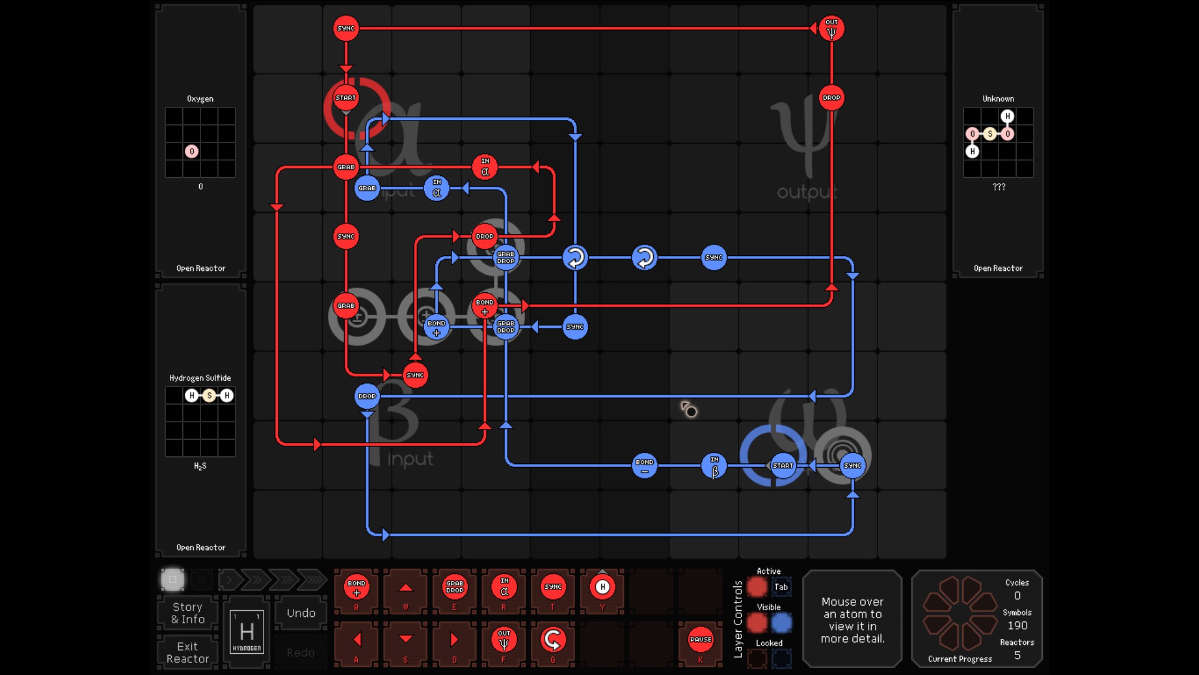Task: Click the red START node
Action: pyautogui.click(x=345, y=98)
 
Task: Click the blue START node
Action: pyautogui.click(x=782, y=466)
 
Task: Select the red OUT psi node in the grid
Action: pyautogui.click(x=831, y=29)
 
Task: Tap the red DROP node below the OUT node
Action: pyautogui.click(x=831, y=98)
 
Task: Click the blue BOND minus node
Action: pyautogui.click(x=644, y=466)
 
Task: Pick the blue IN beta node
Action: pyautogui.click(x=714, y=466)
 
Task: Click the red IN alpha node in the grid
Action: pyautogui.click(x=485, y=167)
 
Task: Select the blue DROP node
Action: pyautogui.click(x=367, y=397)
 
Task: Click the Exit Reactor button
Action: pyautogui.click(x=187, y=653)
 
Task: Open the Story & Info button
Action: pyautogui.click(x=187, y=613)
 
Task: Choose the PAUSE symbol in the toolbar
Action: pyautogui.click(x=700, y=640)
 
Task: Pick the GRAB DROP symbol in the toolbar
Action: pyautogui.click(x=455, y=587)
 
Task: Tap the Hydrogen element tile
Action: pyautogui.click(x=247, y=632)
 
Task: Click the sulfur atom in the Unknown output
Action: pyautogui.click(x=990, y=134)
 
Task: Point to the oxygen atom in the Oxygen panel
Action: pyautogui.click(x=192, y=151)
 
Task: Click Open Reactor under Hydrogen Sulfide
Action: pyautogui.click(x=200, y=548)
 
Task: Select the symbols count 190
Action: pyautogui.click(x=1017, y=626)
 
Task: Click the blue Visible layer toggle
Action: pyautogui.click(x=781, y=623)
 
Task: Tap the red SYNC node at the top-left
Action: pyautogui.click(x=345, y=29)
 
